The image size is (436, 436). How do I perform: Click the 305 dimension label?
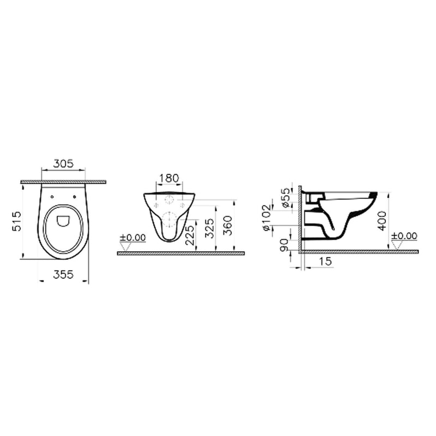tap(63, 163)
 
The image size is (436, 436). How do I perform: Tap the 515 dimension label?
tap(16, 221)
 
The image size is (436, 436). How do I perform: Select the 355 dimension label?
tap(63, 275)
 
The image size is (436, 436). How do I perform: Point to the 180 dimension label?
tap(169, 178)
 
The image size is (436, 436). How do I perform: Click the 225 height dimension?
tap(190, 235)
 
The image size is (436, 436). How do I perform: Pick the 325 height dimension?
tap(210, 228)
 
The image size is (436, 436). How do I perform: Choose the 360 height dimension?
tap(228, 226)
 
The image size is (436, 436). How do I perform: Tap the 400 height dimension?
tap(383, 221)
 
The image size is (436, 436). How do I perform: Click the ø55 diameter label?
tap(286, 197)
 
